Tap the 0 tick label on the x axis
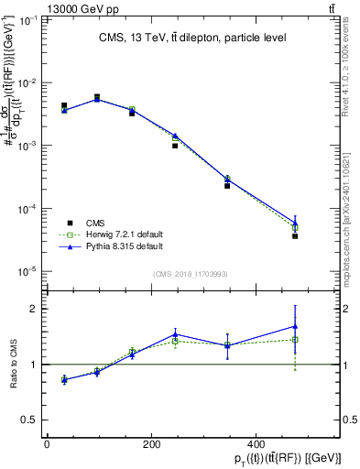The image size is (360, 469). tap(47, 443)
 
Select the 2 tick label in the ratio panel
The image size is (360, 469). tap(35, 309)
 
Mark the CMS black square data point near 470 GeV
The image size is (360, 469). tap(295, 236)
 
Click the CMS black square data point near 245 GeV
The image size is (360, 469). tap(175, 146)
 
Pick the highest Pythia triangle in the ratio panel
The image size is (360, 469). tap(295, 326)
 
